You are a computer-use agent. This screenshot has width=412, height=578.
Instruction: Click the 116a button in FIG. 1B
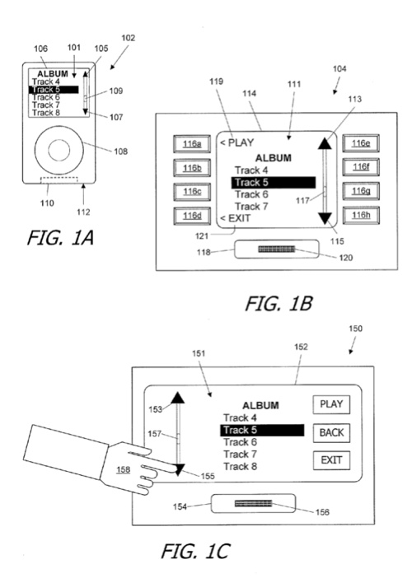[x=192, y=144]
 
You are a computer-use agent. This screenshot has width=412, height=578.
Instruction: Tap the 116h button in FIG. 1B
[x=361, y=215]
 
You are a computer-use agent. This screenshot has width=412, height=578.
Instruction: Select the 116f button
[x=361, y=167]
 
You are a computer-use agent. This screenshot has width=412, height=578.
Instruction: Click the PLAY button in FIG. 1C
[x=331, y=404]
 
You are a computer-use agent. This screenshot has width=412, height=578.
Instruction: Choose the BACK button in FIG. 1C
[x=331, y=432]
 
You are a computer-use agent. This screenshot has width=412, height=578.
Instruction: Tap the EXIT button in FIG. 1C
[x=331, y=460]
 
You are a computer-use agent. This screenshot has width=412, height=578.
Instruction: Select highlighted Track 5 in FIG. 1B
[x=274, y=183]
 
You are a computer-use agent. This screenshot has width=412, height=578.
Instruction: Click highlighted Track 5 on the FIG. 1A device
[x=54, y=90]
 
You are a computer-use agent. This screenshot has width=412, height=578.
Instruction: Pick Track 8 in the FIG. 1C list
[x=240, y=466]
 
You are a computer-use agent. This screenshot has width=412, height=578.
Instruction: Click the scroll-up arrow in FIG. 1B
[x=325, y=143]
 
